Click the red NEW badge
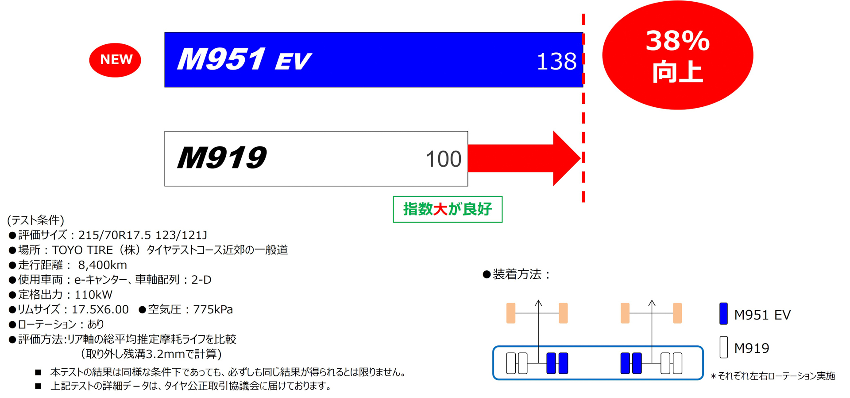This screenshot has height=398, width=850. click(x=115, y=60)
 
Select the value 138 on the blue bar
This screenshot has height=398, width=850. click(x=556, y=62)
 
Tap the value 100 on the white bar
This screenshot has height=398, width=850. click(x=443, y=159)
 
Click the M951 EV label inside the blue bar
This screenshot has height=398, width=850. click(x=243, y=60)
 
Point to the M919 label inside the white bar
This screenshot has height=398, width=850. click(x=222, y=158)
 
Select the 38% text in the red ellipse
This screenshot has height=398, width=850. click(x=677, y=41)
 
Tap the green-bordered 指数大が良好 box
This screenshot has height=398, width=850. click(x=447, y=209)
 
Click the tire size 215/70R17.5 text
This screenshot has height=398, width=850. click(x=115, y=235)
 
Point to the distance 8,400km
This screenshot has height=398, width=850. click(x=102, y=265)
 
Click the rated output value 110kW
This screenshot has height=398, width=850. click(x=93, y=295)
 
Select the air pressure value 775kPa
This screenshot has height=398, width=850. click(x=212, y=309)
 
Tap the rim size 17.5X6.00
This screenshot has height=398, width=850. click(x=100, y=309)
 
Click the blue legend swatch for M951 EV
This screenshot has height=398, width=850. click(x=723, y=314)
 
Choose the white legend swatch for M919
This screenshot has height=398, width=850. click(x=723, y=347)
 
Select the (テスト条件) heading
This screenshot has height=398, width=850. click(x=35, y=220)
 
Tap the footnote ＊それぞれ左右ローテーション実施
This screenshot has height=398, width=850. click(x=773, y=376)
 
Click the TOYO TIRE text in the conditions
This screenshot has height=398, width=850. click(x=82, y=250)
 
